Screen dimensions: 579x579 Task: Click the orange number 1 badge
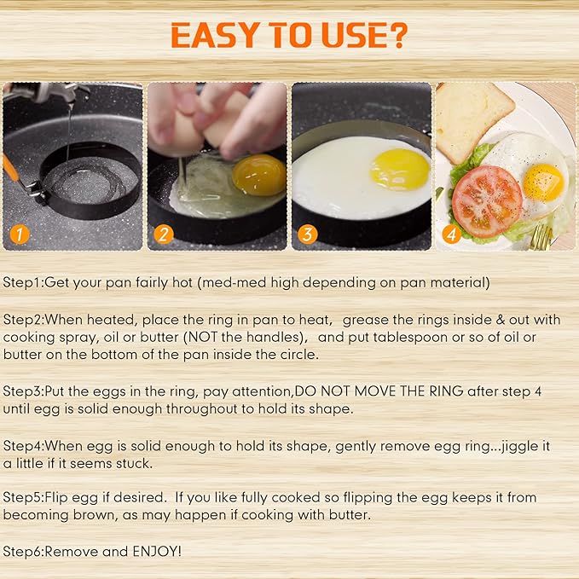pyautogui.click(x=19, y=234)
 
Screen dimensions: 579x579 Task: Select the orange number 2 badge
pyautogui.click(x=164, y=234)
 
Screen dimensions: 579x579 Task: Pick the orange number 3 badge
pyautogui.click(x=308, y=234)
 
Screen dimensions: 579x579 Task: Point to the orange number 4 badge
pyautogui.click(x=452, y=234)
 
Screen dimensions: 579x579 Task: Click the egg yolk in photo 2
pyautogui.click(x=258, y=175)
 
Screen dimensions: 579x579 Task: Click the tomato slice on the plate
pyautogui.click(x=486, y=200)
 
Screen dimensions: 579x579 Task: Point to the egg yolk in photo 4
pyautogui.click(x=542, y=181)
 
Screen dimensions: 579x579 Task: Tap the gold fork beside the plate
pyautogui.click(x=540, y=236)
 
